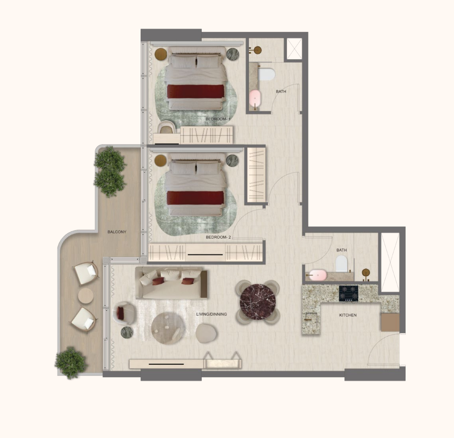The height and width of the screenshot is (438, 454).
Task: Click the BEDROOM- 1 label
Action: (218, 119)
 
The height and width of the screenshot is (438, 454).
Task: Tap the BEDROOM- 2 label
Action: (218, 237)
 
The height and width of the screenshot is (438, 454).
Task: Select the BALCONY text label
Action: (117, 232)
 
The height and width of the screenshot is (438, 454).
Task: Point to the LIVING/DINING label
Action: (211, 314)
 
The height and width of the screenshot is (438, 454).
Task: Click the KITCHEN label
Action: (348, 315)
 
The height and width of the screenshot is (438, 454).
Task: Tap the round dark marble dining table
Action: (258, 302)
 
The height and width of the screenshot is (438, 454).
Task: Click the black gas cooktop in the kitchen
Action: (349, 294)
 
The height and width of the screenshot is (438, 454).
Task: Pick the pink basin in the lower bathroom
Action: (318, 275)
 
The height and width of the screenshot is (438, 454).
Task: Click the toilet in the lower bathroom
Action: (342, 263)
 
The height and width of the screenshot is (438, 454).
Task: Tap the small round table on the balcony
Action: (86, 296)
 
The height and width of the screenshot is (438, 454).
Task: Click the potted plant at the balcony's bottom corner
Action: (71, 362)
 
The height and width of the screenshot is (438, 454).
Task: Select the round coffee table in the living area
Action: (167, 328)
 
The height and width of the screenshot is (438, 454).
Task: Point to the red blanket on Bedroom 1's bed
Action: (196, 91)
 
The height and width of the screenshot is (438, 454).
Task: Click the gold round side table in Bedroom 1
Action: (161, 54)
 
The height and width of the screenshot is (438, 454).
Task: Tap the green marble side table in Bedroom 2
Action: (232, 161)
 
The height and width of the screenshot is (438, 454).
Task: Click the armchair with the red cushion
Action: (124, 313)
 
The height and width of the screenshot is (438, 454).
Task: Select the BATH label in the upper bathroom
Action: (281, 91)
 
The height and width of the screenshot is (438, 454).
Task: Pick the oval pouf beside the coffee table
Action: (206, 333)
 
